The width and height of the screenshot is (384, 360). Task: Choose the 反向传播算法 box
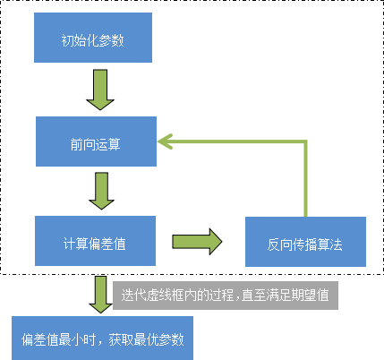[305, 241]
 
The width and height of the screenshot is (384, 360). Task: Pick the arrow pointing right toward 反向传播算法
[197, 241]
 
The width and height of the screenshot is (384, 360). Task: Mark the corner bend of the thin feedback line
[306, 141]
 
